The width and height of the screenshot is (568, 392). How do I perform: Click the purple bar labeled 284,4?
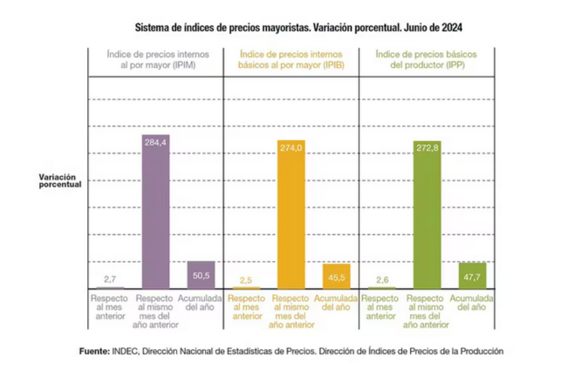(155, 211)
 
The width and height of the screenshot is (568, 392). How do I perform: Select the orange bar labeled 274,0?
(291, 214)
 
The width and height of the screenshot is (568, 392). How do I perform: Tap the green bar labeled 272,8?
(427, 214)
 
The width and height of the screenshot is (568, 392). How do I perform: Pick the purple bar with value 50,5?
(201, 275)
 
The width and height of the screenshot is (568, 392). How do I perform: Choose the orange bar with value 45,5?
(336, 276)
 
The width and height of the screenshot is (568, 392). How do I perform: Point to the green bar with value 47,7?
(472, 275)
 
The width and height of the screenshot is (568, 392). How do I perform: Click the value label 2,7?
(110, 279)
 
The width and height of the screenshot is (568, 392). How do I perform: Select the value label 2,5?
(246, 280)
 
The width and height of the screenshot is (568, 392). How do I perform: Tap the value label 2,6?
(382, 280)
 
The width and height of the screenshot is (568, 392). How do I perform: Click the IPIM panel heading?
(157, 60)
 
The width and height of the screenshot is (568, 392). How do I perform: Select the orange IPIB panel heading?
(291, 60)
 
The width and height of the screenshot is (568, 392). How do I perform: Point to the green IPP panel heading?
(426, 60)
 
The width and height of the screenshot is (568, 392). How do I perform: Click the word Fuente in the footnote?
(93, 351)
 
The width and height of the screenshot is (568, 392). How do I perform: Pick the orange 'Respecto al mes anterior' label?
(247, 307)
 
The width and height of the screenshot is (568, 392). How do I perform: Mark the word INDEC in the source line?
(124, 351)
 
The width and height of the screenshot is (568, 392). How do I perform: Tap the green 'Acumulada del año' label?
(471, 303)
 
